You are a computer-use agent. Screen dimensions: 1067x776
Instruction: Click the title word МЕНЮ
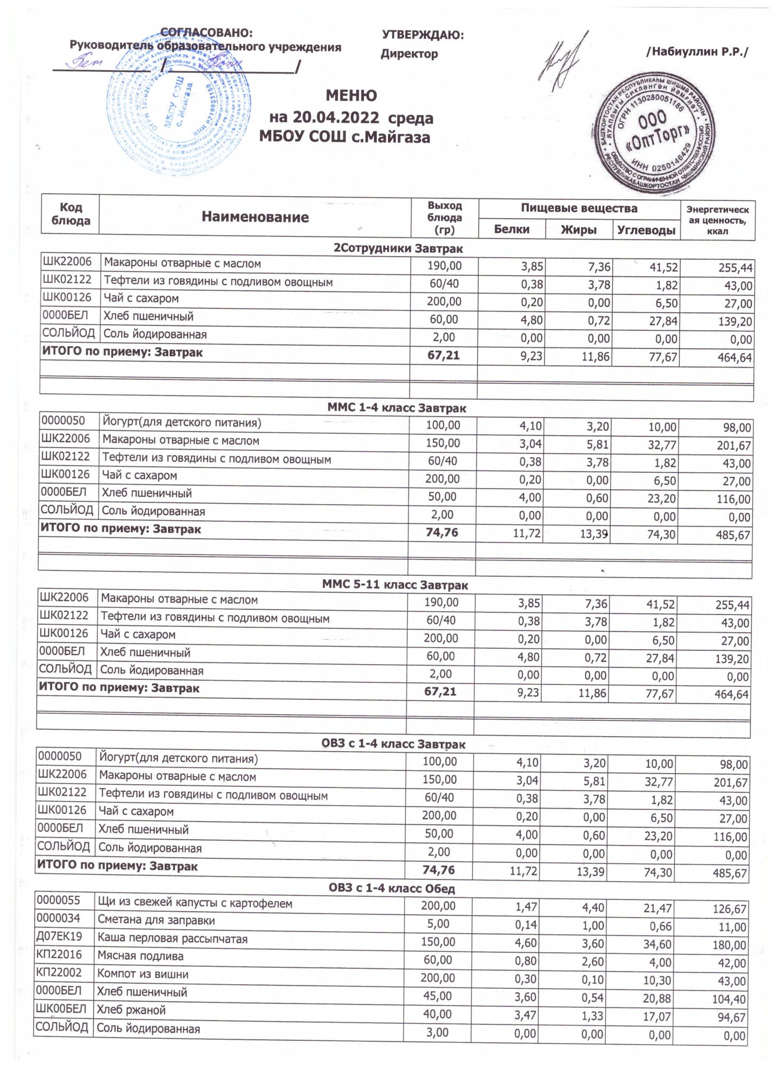click(x=351, y=96)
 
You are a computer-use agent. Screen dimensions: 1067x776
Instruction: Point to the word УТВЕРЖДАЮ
click(x=423, y=35)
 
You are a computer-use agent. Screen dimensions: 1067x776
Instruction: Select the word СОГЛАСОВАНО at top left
click(x=206, y=33)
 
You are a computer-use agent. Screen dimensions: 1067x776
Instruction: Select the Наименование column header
click(x=255, y=217)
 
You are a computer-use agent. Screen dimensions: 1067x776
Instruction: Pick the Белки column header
click(x=512, y=229)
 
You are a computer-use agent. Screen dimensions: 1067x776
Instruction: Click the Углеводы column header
click(x=646, y=230)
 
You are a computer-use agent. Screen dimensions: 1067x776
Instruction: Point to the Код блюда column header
click(x=70, y=214)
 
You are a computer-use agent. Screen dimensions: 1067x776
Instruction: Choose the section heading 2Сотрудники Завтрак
click(x=398, y=249)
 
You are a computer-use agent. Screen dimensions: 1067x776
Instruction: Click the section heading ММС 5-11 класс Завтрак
click(x=395, y=585)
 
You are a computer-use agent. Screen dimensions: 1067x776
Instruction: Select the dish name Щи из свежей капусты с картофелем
click(x=195, y=903)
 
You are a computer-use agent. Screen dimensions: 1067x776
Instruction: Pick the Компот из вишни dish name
click(x=142, y=974)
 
